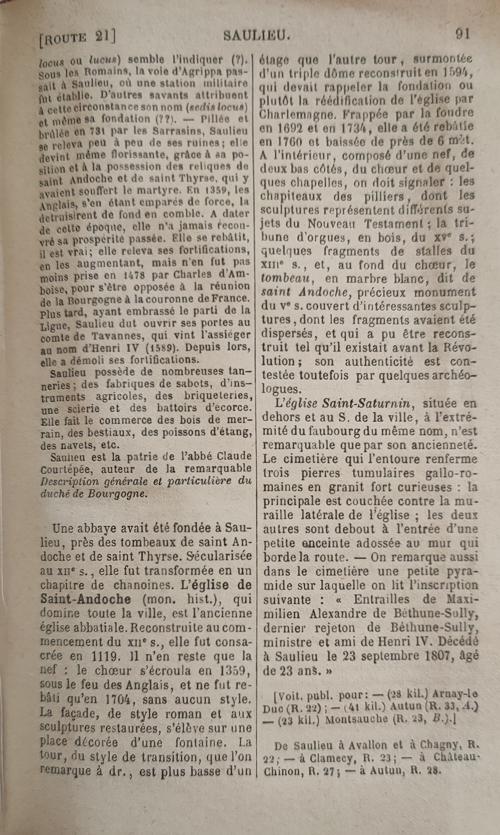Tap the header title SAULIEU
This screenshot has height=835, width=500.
pos(256,35)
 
